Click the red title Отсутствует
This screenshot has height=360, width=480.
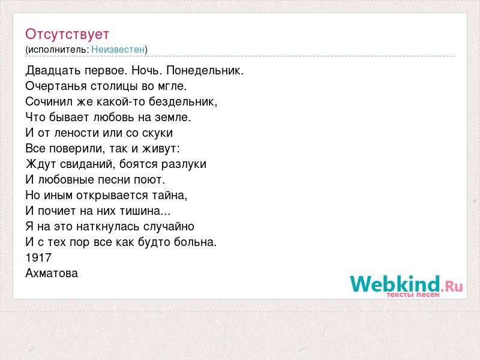point(67,34)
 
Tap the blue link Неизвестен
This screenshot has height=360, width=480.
point(118,49)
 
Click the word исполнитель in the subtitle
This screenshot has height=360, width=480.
point(57,50)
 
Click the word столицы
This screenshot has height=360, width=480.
point(114,86)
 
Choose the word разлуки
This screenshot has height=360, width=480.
point(184,164)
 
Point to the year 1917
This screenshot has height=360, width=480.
point(38,258)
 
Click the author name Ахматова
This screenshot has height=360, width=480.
point(52,274)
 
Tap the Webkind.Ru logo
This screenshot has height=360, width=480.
point(407,286)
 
